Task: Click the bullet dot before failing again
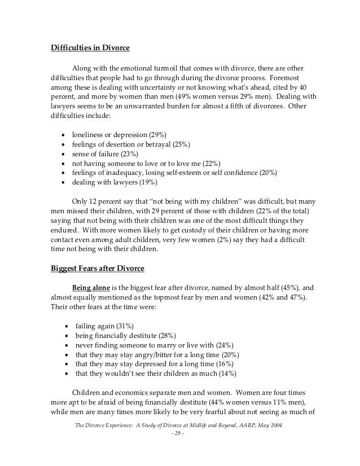[x=67, y=327]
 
